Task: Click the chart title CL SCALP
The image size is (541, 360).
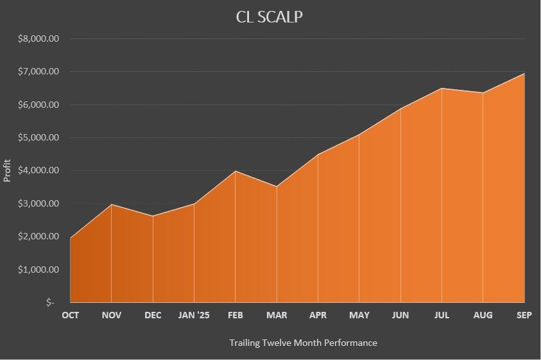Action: click(270, 17)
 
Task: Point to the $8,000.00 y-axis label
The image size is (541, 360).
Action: click(39, 39)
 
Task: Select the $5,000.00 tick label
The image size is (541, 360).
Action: click(39, 137)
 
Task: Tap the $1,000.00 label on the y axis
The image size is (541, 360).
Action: click(39, 270)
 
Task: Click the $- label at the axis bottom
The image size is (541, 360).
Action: click(50, 302)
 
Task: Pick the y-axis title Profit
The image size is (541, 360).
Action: click(8, 171)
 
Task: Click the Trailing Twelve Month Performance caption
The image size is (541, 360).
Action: click(303, 343)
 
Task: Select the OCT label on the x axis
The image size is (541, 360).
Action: click(70, 315)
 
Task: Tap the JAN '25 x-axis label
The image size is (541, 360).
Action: click(194, 315)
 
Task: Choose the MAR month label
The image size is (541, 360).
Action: click(277, 315)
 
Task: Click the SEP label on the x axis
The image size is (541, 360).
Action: click(524, 315)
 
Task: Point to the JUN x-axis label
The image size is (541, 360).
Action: click(400, 315)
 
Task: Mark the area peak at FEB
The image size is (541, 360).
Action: click(236, 171)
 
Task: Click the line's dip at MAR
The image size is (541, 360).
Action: click(277, 187)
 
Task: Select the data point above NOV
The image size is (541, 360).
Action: click(112, 204)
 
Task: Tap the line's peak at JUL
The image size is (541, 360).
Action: click(442, 89)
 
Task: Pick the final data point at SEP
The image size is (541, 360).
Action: click(524, 73)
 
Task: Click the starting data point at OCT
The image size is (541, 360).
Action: click(71, 238)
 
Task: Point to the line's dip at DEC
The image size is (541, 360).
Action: click(153, 216)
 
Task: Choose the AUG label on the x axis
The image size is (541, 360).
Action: click(483, 315)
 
